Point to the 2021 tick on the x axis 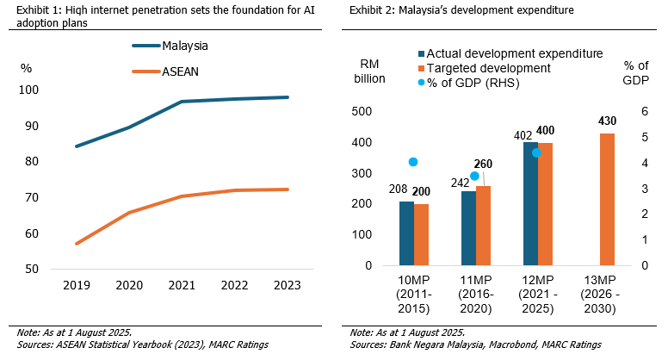coord(181,284)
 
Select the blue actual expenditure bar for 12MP coord(530,203)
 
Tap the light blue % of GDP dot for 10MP coord(413,162)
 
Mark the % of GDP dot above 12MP coord(536,152)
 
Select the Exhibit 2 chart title coord(447,10)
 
